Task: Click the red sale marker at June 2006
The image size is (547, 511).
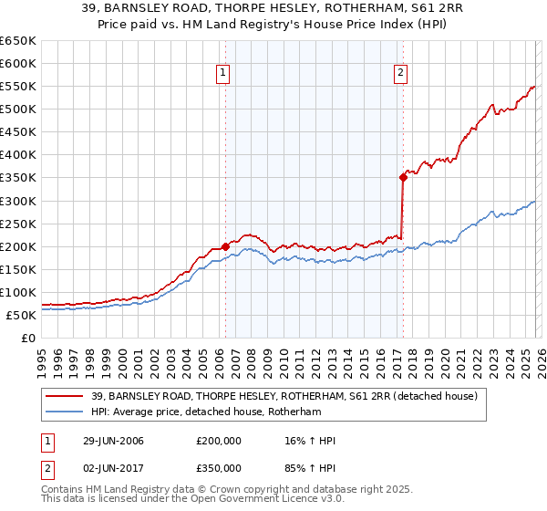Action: pos(225,246)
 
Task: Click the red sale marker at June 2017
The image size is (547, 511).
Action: pos(402,178)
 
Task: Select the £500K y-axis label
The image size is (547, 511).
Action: pos(18,109)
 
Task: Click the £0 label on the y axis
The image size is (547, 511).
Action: pos(28,338)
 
